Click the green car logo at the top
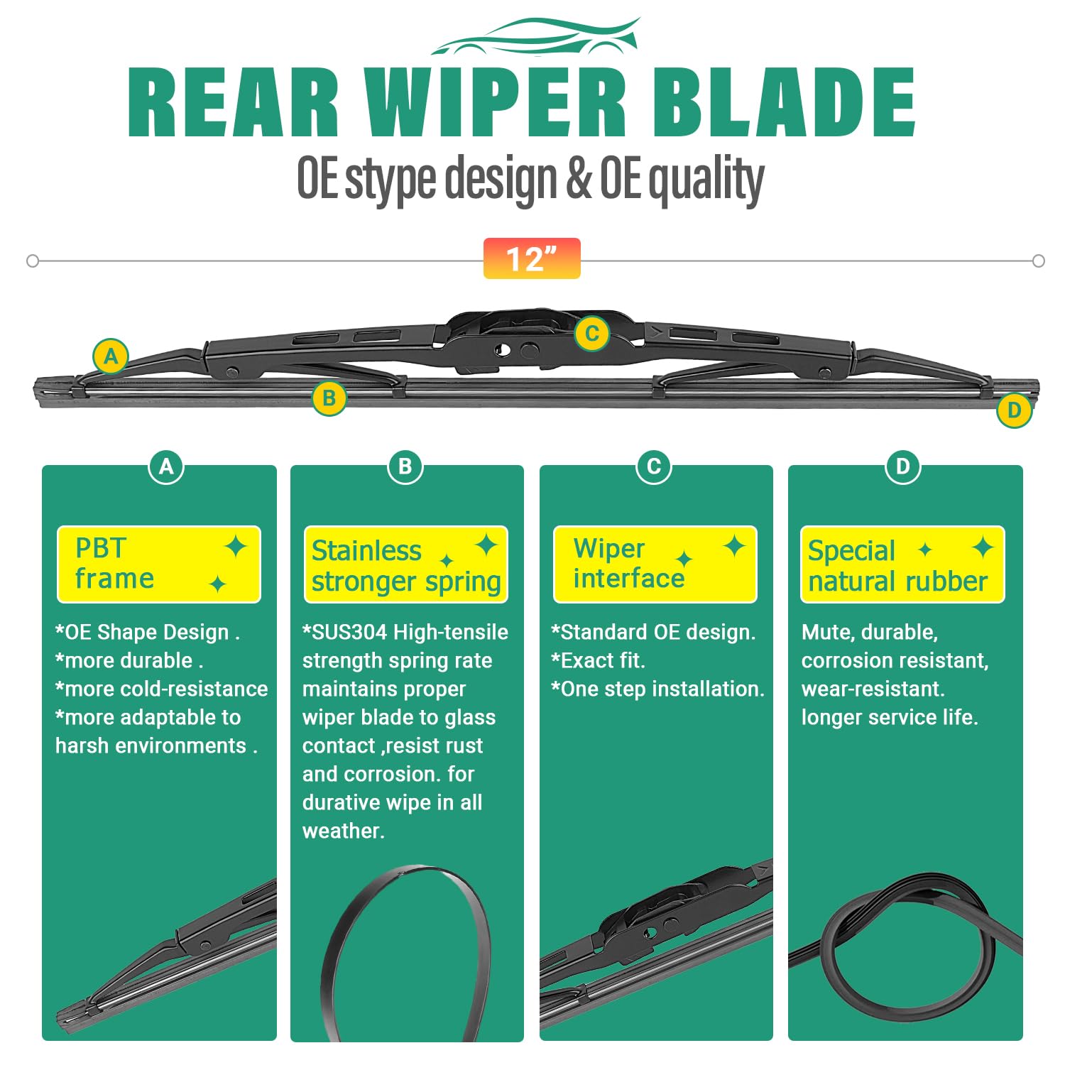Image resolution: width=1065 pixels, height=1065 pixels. tap(536, 37)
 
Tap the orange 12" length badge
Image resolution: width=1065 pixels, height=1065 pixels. tap(532, 259)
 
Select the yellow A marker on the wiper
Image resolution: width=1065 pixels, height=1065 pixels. tap(111, 356)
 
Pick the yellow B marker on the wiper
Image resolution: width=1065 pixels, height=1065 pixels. tap(329, 398)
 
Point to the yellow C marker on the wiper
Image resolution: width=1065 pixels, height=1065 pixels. tap(591, 333)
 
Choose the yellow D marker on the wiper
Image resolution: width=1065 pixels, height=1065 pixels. tap(1014, 410)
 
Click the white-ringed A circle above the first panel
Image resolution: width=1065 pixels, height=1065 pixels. tap(166, 466)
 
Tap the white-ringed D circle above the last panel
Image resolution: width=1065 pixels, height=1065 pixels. tap(902, 466)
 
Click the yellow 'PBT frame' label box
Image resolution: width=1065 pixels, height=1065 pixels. tap(159, 564)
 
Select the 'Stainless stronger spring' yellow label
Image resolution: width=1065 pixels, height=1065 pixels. tap(406, 565)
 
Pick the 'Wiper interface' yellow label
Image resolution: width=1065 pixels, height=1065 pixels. tap(655, 564)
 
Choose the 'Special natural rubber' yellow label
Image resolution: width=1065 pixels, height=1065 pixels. tap(902, 565)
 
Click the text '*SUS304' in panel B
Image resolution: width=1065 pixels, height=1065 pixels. tap(344, 632)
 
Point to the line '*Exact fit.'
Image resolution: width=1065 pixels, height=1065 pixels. tap(599, 660)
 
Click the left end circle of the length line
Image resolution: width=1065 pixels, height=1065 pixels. tap(33, 261)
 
